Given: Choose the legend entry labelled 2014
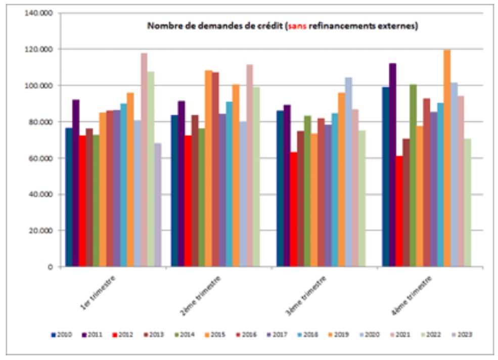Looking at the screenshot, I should (x=185, y=334).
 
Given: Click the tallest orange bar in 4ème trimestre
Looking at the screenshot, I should (x=447, y=158).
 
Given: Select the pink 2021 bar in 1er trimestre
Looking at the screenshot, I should (x=144, y=160).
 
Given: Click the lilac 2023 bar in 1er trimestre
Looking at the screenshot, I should (x=158, y=205).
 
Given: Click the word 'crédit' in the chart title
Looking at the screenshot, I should (x=257, y=26).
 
